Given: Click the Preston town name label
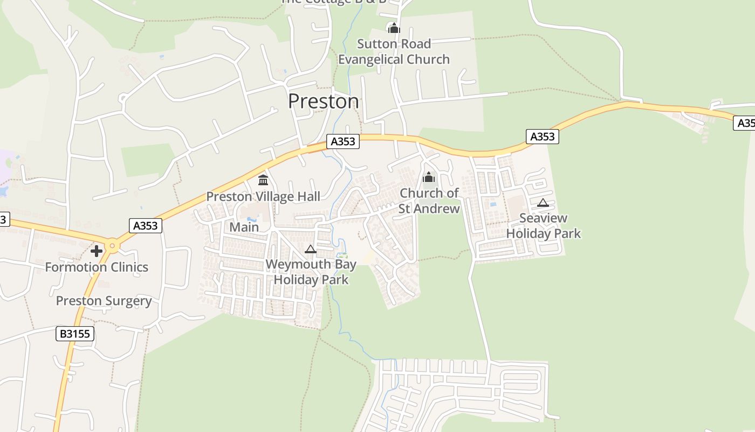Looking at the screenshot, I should point(323,102).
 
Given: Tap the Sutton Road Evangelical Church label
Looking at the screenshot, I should point(394,51).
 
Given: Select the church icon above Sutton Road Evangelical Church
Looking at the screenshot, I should point(394,28).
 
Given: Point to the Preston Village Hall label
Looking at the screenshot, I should point(263,197).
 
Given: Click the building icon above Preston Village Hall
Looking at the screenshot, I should point(263,180).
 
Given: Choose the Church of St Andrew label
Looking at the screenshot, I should point(429,201).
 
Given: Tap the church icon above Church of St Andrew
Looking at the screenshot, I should point(429,177).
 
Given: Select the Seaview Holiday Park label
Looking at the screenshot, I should point(543,226).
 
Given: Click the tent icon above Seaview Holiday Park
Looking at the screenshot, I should point(543,203).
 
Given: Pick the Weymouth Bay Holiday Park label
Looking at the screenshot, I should point(311,272).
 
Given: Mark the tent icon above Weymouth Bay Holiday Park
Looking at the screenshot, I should point(310,249).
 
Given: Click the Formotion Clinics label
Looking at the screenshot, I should point(97,267).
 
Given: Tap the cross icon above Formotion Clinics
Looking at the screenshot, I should point(97,251).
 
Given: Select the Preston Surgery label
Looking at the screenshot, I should point(104,301).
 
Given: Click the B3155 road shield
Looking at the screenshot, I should point(74,334).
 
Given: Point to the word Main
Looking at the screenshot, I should point(244,227).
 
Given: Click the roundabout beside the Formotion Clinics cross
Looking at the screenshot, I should point(112,246).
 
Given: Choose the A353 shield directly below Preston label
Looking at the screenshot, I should point(342,141).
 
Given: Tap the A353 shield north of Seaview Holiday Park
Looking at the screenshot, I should point(543,137).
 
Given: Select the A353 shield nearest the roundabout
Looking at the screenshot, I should point(145,225).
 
